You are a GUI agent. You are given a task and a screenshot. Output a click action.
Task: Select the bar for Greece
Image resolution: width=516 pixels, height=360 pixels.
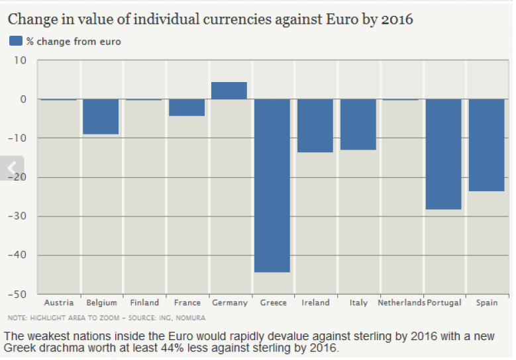pos(272,185)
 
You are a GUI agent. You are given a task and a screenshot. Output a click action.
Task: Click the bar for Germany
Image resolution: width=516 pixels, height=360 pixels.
pos(229,91)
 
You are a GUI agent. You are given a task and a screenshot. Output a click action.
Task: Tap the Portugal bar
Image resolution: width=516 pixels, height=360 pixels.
pos(444,154)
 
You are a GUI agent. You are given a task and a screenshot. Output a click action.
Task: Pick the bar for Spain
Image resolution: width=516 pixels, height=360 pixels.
pos(486,145)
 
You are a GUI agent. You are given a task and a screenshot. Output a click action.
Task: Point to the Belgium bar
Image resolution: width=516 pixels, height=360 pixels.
pos(101,116)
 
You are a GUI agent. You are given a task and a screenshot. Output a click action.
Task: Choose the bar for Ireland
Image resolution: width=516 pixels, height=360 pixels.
pos(315,126)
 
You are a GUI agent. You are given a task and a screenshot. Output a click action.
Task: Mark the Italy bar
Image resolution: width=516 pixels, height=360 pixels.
pos(358,124)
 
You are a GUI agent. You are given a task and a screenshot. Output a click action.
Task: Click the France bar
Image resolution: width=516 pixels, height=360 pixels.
pos(187,107)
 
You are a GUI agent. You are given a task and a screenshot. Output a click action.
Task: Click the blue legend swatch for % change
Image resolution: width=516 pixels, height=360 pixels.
pos(16,41)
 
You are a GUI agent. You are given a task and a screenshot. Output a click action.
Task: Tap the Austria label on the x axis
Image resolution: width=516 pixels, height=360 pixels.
pos(58,303)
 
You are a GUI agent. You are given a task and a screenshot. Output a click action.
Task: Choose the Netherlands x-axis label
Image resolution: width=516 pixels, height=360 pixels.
pos(401,303)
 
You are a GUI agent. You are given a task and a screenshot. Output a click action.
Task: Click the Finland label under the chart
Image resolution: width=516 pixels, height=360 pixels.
pos(144,303)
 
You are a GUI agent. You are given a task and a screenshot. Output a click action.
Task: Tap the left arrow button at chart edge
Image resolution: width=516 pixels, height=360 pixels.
pos(11,168)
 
